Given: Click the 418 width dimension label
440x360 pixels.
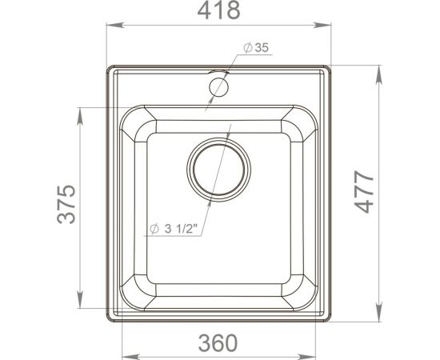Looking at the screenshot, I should [x=218, y=11].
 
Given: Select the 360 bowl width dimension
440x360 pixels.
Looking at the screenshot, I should [x=218, y=342].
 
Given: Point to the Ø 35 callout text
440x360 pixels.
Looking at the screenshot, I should [x=256, y=48].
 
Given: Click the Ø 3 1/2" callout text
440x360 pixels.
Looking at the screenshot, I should [x=175, y=230].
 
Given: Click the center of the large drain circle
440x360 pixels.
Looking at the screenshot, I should [x=218, y=169].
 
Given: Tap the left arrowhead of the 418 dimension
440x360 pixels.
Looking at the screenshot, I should [x=112, y=26].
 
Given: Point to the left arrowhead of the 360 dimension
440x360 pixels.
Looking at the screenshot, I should [x=126, y=352].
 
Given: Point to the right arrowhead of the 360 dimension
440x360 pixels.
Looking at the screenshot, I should [x=310, y=352].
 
